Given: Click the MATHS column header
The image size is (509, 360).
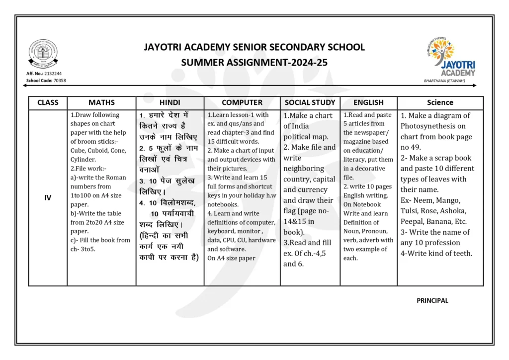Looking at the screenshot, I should [x=101, y=102].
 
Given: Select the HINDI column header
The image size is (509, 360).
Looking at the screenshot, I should [x=170, y=102].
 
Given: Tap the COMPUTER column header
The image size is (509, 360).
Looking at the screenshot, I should [x=242, y=102].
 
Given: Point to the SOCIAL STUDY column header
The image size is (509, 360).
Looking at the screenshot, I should [x=310, y=102].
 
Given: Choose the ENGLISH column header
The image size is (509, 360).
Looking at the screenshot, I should [x=368, y=102].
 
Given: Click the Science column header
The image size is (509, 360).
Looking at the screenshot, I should [x=440, y=102].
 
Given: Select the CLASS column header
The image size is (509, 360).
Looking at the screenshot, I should [x=48, y=102].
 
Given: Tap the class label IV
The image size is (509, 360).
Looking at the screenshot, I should [x=48, y=197].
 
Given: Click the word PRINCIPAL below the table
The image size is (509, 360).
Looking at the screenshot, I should [x=432, y=300].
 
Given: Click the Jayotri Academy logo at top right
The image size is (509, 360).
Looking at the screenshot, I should [x=450, y=57].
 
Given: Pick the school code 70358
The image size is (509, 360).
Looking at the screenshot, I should [x=59, y=80].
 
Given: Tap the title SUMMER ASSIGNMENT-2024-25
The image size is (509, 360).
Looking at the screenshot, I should [x=254, y=63].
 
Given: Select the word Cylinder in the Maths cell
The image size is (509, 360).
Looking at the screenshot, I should [x=83, y=160].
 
